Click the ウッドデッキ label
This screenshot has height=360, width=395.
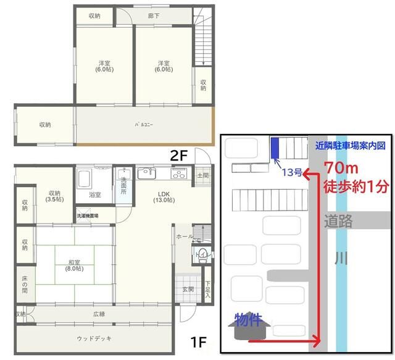tap(94, 338)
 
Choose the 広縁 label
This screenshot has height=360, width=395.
tap(99, 314)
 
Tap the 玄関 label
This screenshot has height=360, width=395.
tap(188, 289)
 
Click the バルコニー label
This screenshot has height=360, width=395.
tap(144, 125)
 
